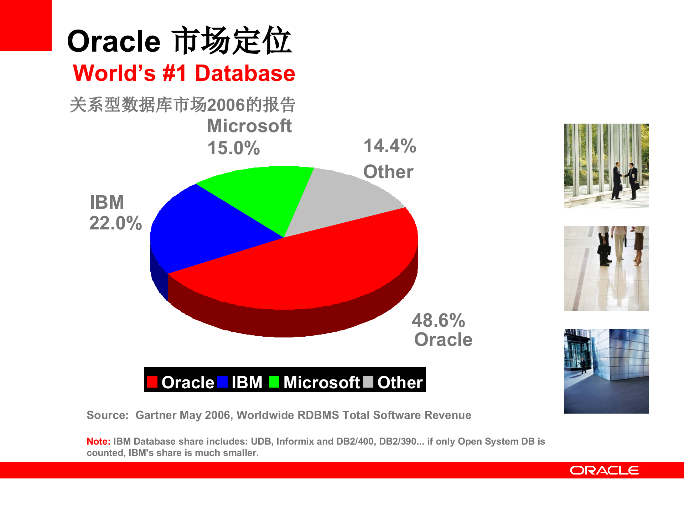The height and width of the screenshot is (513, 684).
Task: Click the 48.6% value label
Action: [x=438, y=320]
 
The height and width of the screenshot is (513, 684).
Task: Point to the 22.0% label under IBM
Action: [x=115, y=223]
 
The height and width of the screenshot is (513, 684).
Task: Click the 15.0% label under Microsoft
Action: [x=233, y=148]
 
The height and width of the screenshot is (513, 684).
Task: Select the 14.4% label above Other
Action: [x=390, y=146]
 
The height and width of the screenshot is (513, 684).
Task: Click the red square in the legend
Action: [x=152, y=382]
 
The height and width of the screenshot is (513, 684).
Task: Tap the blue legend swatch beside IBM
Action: [x=222, y=382]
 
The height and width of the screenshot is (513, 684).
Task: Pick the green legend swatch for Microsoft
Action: [x=274, y=382]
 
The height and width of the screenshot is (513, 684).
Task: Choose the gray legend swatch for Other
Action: [x=368, y=382]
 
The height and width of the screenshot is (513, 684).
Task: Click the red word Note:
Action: [x=98, y=441]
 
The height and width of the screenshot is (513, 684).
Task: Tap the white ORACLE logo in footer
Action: [x=605, y=470]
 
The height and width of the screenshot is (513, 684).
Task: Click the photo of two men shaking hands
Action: [x=606, y=166]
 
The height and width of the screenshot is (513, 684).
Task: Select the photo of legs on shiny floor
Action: [x=606, y=268]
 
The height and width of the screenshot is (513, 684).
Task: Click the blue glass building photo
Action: [x=606, y=371]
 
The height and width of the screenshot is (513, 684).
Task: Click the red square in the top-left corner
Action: [x=26, y=26]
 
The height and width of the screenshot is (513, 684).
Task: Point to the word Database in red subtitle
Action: [x=245, y=73]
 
